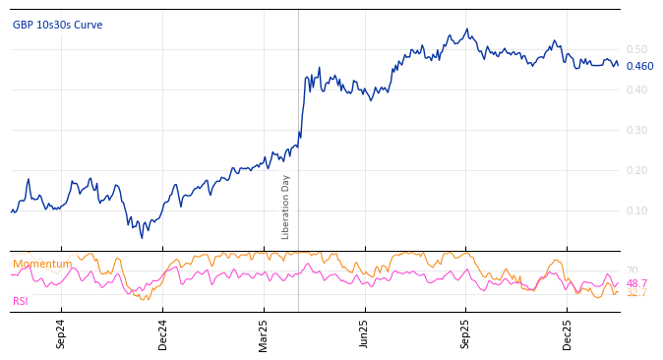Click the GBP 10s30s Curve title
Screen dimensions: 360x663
point(57,26)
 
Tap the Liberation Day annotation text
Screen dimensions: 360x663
point(286,207)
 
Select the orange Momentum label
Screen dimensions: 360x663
point(42,264)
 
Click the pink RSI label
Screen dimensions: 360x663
point(21,301)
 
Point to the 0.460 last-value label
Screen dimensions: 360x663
point(639,67)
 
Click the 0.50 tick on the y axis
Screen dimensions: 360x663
point(636,49)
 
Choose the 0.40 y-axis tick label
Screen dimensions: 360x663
point(636,90)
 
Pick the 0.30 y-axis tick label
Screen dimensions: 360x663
point(636,130)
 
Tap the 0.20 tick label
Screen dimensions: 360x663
point(636,170)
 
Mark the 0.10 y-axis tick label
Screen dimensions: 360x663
point(636,210)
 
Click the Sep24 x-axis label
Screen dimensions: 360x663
point(61,333)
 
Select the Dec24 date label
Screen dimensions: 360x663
point(163,333)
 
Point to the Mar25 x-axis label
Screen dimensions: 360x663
point(264,333)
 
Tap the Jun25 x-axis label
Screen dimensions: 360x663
point(365,333)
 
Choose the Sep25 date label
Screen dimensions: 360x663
point(466,333)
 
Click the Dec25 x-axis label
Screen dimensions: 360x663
point(568,333)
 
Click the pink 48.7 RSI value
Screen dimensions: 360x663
point(636,283)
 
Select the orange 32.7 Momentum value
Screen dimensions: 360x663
point(636,293)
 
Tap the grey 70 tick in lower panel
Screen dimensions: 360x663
point(632,271)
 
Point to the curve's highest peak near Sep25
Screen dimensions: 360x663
point(467,30)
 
